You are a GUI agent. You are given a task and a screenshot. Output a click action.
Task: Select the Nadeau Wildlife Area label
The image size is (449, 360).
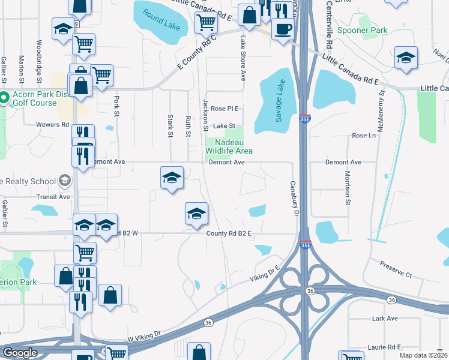point(229,146)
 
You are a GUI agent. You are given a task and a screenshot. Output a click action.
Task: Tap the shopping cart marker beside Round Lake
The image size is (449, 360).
point(206,23)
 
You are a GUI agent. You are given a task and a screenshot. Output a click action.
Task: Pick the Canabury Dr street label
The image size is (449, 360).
point(294,199)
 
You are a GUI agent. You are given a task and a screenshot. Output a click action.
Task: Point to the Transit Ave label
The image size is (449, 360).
point(52,196)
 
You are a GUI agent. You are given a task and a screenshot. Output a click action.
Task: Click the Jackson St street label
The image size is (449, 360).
point(205,115)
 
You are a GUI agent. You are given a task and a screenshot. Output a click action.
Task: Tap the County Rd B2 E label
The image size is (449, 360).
point(228,233)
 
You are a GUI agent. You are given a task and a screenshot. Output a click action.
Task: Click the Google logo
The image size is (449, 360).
point(20,353)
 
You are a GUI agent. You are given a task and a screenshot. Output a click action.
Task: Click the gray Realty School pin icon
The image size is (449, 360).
point(64,181)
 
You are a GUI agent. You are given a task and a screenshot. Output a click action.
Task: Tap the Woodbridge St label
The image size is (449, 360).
point(38,61)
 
